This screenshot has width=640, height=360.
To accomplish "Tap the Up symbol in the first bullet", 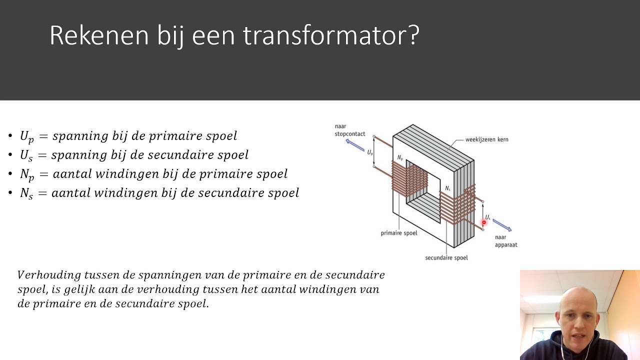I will tap(26, 136).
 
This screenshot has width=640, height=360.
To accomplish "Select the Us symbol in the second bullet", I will tap(26, 155).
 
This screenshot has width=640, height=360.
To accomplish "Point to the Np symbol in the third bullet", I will tap(27, 174).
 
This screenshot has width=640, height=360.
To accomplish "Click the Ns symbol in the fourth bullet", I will tap(26, 193).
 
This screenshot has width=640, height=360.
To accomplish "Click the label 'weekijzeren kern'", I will tap(486, 139).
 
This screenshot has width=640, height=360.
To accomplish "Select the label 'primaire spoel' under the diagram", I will tap(398, 233).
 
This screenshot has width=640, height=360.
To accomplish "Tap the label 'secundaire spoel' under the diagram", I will tap(446, 258).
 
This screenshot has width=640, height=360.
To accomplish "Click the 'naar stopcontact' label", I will tap(349, 130).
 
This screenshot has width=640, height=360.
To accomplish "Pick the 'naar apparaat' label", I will tap(505, 241).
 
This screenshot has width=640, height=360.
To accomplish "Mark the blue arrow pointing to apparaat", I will tap(501, 225).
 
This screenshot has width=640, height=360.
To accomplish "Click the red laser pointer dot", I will tap(484, 222).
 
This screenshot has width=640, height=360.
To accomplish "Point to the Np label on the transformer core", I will tap(400, 158).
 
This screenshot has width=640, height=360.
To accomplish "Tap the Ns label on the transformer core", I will tap(448, 188).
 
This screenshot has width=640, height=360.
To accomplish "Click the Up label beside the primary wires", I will tap(370, 152).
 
